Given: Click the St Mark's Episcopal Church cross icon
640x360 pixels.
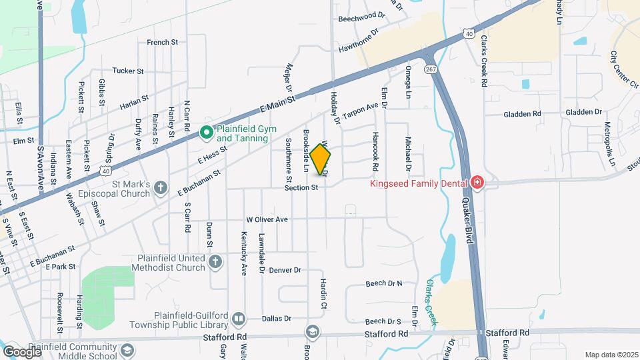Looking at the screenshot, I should (x=160, y=189).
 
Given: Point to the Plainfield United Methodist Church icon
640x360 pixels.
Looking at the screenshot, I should (x=215, y=263).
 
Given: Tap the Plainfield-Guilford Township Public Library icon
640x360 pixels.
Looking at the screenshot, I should (x=239, y=319).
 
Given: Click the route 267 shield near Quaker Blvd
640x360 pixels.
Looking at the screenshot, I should (x=430, y=69).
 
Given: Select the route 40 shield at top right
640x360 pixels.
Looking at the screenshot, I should (x=470, y=33).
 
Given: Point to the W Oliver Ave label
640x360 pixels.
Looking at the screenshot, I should (x=267, y=219).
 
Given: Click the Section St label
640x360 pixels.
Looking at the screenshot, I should (x=301, y=188).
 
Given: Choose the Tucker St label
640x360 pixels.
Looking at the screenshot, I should (x=128, y=71).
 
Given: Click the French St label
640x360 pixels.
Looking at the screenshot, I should (x=162, y=43).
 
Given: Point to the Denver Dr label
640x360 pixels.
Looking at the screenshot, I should (x=285, y=270).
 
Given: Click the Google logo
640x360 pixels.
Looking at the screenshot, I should (x=21, y=351).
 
